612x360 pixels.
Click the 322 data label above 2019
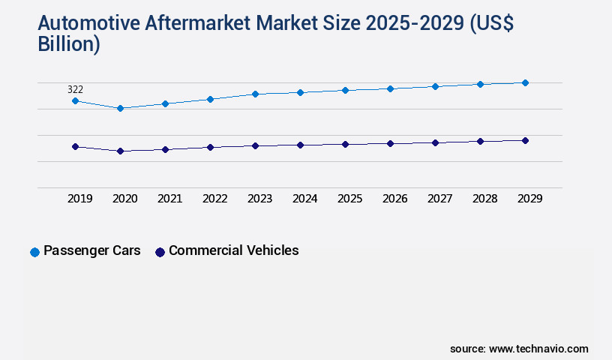(x=75, y=89)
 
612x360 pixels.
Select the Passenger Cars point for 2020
(x=120, y=108)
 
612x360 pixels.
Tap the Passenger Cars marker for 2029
(x=525, y=82)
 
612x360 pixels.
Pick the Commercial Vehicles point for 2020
(x=120, y=151)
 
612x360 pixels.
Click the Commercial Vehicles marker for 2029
(x=525, y=140)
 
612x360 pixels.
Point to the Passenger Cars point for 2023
(x=255, y=94)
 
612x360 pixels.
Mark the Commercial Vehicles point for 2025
(x=345, y=144)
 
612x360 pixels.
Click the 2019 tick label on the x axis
(x=80, y=199)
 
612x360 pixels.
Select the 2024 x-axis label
(x=305, y=199)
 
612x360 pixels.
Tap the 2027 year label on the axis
(x=440, y=199)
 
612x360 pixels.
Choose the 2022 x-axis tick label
(x=215, y=199)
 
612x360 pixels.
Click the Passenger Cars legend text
(x=91, y=250)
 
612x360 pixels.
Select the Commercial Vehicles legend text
(x=233, y=250)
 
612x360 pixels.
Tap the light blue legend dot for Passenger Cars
(x=34, y=252)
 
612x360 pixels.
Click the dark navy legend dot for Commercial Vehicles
(x=160, y=252)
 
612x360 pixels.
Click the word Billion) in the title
(x=69, y=44)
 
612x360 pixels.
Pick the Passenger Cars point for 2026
(x=390, y=88)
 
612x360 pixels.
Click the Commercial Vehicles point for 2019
(x=75, y=146)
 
